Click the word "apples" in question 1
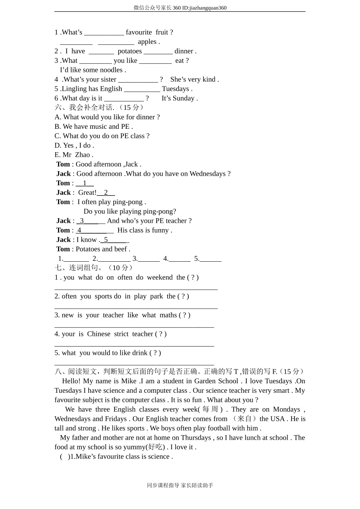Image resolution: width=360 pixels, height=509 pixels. (x=147, y=42)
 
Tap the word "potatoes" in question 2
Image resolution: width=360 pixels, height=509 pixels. (x=130, y=51)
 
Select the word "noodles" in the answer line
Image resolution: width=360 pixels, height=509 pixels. (x=111, y=70)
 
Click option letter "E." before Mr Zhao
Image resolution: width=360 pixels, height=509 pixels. (x=58, y=155)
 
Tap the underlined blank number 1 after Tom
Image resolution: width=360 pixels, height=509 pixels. (x=85, y=183)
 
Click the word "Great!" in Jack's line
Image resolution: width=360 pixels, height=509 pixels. (x=87, y=193)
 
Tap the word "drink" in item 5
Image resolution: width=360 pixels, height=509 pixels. (x=140, y=353)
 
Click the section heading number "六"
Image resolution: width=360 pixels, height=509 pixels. (x=58, y=108)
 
